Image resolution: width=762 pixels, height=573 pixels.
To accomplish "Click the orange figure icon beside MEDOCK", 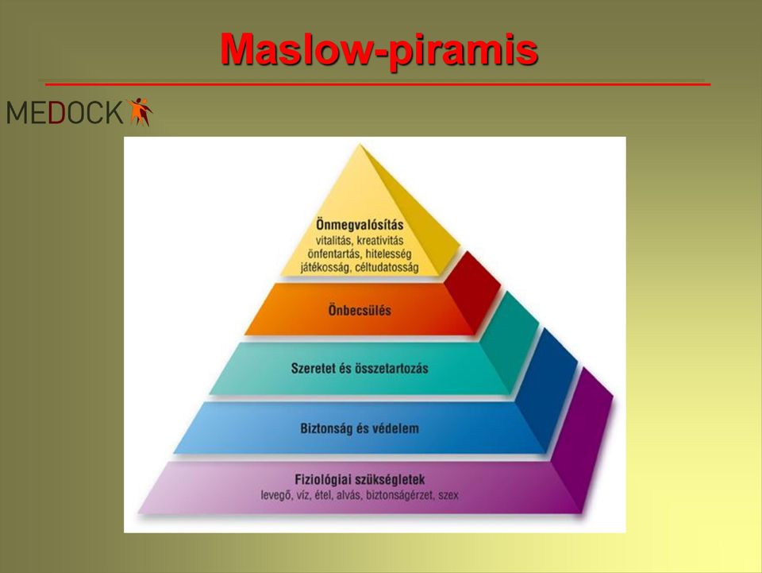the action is click(x=140, y=111).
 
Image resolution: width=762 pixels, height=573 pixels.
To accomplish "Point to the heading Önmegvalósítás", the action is click(x=360, y=225).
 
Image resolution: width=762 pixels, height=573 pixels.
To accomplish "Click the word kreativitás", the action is click(x=380, y=240).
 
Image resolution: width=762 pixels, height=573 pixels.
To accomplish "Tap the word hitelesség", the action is click(x=388, y=254).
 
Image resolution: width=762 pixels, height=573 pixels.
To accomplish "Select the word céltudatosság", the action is click(x=387, y=268).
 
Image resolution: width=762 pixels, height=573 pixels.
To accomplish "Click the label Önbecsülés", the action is click(x=360, y=310).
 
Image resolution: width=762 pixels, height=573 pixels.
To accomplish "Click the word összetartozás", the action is click(x=391, y=368).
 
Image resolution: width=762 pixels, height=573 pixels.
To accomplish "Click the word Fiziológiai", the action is click(x=323, y=479).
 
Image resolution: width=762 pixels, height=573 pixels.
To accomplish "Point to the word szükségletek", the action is click(x=391, y=479).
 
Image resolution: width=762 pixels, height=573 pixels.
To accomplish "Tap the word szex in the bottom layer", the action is click(x=448, y=496).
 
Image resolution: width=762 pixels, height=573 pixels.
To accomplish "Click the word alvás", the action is click(x=349, y=496).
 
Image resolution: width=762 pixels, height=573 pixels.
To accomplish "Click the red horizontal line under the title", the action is click(x=378, y=84).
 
